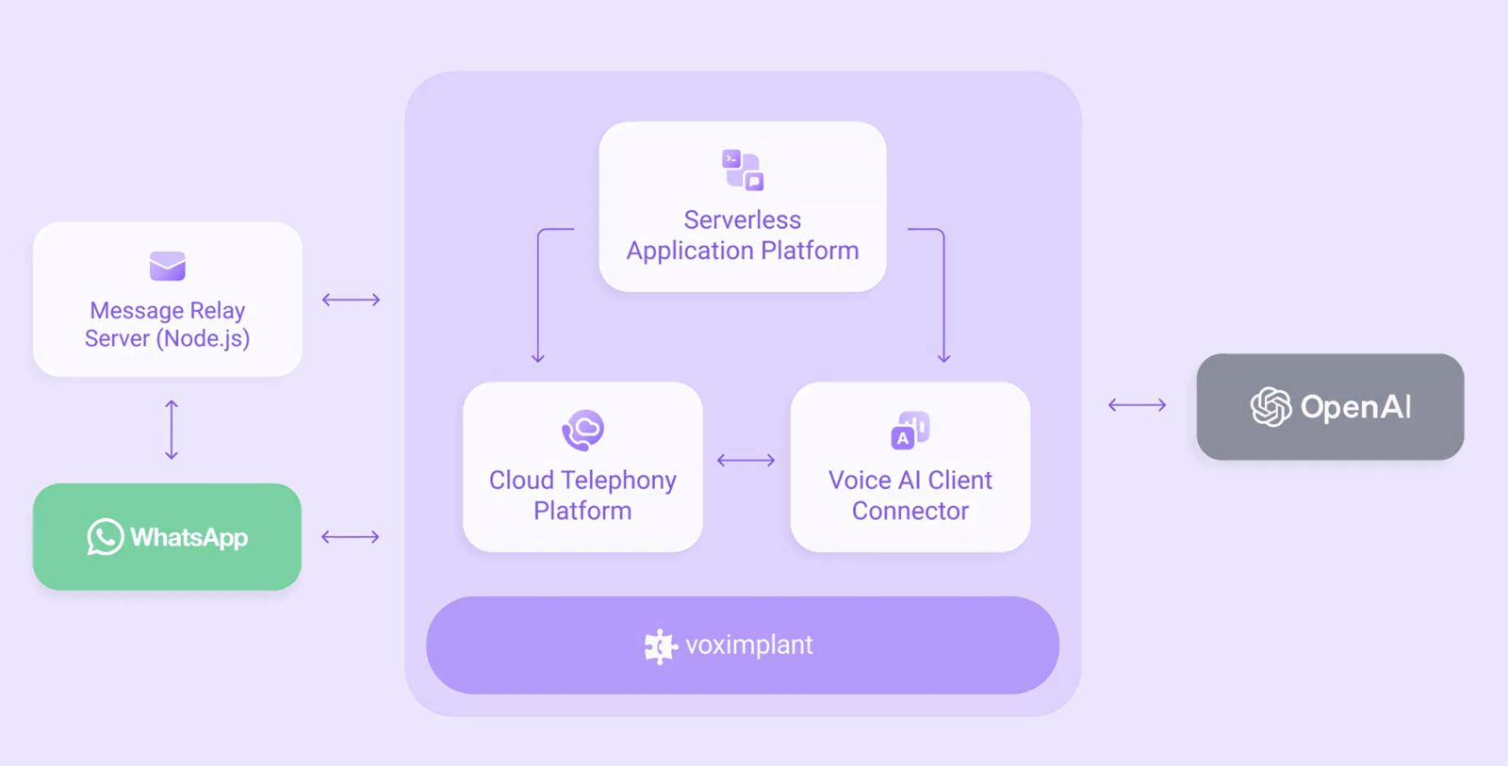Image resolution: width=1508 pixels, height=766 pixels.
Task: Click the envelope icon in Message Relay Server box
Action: pos(168,266)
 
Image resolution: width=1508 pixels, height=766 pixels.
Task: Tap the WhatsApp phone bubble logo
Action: pos(106,537)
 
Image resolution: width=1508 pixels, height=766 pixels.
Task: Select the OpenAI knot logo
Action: pos(1270,407)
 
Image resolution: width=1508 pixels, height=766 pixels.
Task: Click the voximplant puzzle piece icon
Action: pos(660,646)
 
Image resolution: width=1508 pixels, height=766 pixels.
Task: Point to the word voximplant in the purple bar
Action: pos(748,645)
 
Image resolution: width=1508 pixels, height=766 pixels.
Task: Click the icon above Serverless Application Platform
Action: pos(743,170)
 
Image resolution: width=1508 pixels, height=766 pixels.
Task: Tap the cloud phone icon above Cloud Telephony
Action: pos(582,431)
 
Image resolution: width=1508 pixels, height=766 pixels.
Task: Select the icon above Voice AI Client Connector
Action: pos(910,430)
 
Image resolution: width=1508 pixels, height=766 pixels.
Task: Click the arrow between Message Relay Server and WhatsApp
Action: pos(172,430)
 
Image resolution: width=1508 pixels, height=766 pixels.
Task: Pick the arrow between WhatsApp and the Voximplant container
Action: pos(351,537)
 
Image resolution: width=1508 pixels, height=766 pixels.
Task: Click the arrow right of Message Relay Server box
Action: pos(351,300)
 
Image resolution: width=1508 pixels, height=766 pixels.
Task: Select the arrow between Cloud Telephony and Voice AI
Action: pos(746,460)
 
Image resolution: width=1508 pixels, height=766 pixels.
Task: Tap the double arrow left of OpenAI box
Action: pos(1137,405)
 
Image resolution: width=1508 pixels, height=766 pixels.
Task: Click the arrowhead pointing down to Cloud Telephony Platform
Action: pos(538,357)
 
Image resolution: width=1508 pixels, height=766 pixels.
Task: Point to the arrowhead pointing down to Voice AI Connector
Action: pos(943,357)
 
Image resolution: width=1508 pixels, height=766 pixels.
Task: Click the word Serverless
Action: pos(743,220)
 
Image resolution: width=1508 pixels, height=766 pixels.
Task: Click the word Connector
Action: pos(910,511)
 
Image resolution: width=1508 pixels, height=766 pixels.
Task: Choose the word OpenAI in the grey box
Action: pos(1355,407)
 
